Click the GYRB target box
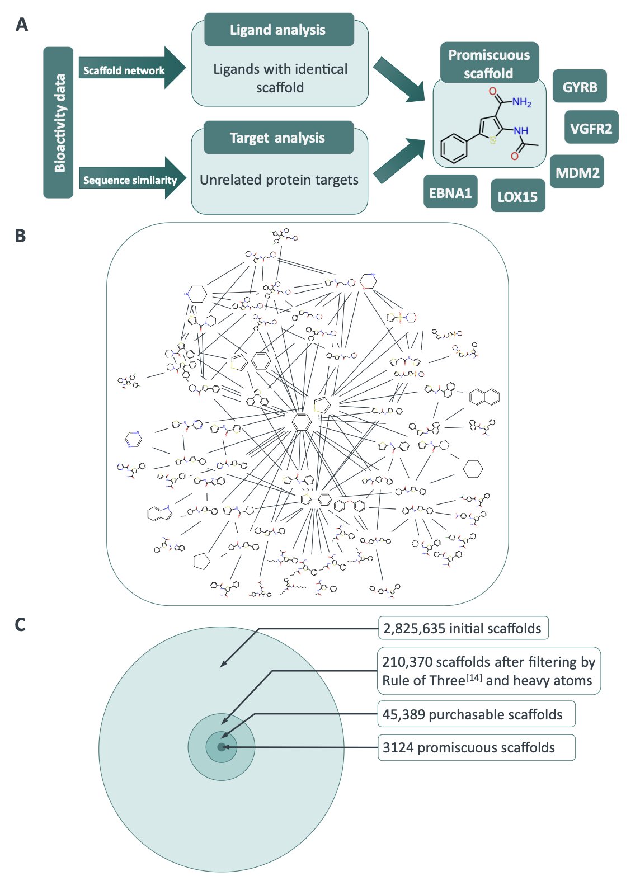point(580,87)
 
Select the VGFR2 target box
point(591,128)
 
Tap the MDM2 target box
point(577,172)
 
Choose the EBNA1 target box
point(450,193)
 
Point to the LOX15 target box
point(517,196)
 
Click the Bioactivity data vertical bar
point(58,123)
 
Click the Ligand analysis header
point(278,30)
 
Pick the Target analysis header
point(278,138)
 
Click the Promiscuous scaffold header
point(488,63)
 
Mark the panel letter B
point(21,236)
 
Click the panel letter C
point(21,624)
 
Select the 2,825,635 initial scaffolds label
point(462,629)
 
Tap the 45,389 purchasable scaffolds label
point(473,715)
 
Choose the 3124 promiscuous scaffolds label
point(469,748)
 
